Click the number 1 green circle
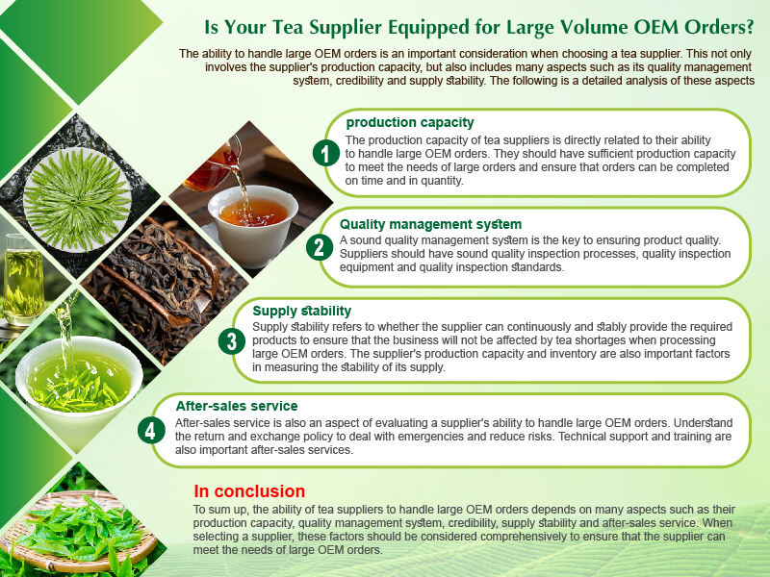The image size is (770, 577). coord(326,153)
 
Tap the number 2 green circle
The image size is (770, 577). coord(320,247)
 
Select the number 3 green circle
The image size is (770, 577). coord(231,341)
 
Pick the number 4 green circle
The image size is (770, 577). coord(149,430)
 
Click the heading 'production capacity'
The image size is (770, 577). coord(410,122)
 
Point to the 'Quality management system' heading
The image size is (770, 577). coord(430,224)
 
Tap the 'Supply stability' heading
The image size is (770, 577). coord(301,311)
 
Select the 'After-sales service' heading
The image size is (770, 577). coord(237,406)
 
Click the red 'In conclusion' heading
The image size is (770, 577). coord(249,491)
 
